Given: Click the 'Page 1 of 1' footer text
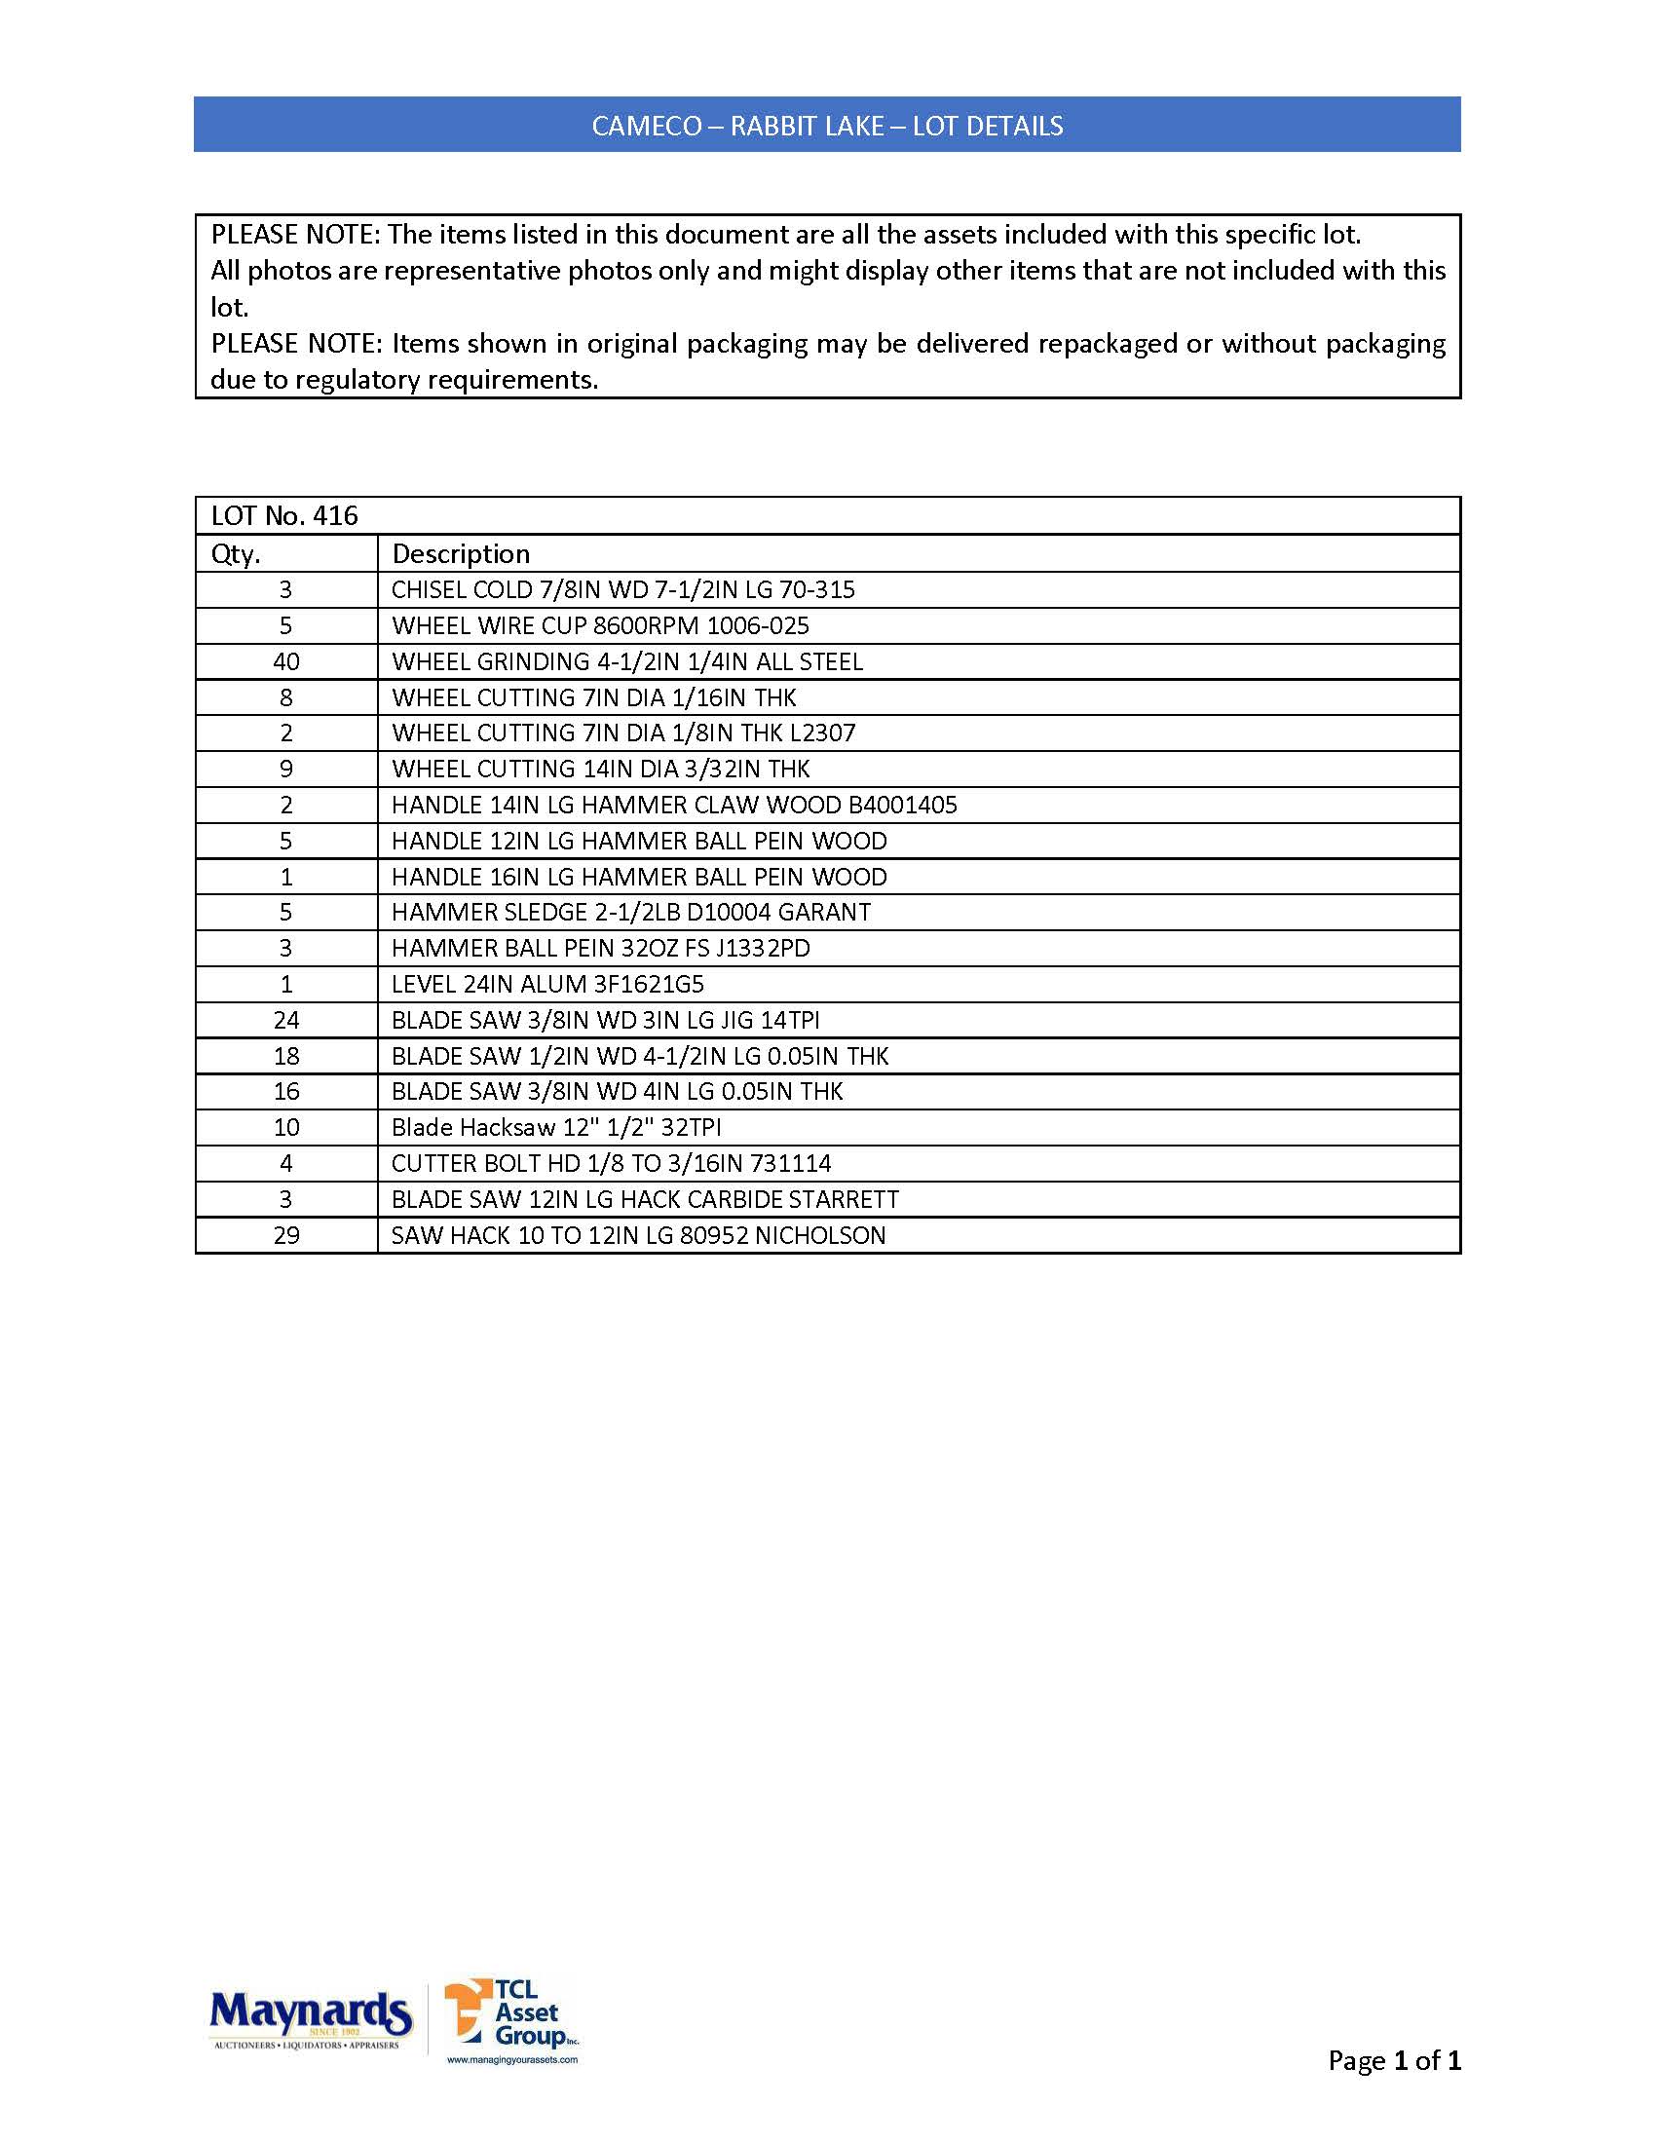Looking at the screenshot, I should point(1393,2059).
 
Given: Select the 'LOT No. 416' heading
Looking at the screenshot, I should point(284,516).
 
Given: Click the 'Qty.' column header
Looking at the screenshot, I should point(236,554).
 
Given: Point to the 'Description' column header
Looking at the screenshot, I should point(460,554).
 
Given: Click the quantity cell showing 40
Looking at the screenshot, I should point(285,662).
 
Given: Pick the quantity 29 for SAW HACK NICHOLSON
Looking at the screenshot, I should point(285,1235).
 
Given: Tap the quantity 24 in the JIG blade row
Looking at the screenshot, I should point(285,1021).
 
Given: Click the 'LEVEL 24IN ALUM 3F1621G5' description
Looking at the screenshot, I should point(547,984).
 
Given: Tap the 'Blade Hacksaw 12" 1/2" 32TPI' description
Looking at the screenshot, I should point(556,1127).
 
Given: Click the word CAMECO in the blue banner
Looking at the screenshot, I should point(647,127).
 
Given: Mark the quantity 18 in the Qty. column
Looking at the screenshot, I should point(285,1057).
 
